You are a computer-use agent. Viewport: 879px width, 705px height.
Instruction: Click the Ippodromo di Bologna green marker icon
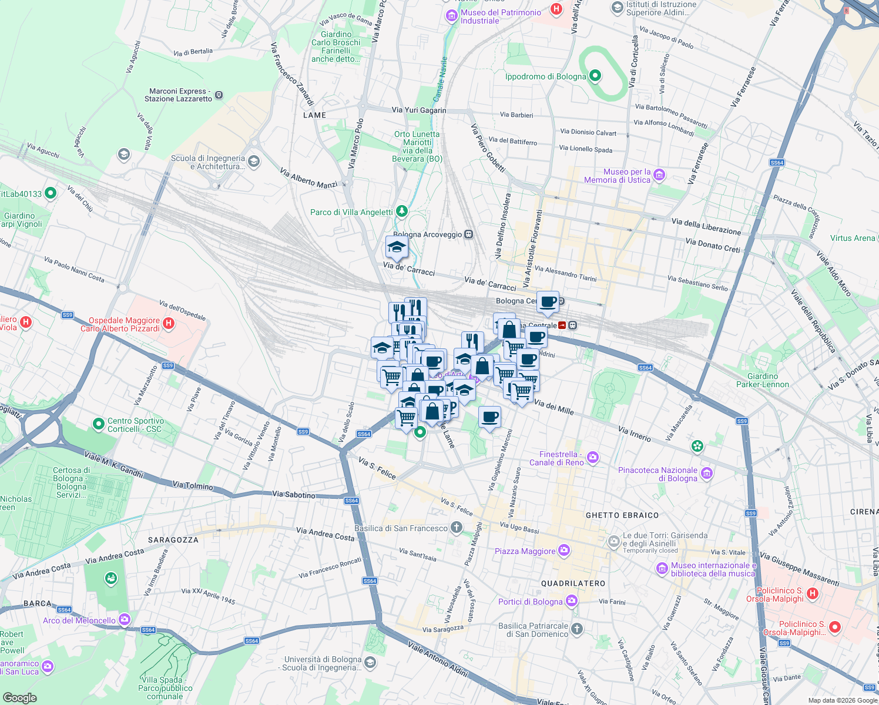595,76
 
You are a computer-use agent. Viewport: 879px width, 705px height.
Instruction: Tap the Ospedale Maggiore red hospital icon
169,323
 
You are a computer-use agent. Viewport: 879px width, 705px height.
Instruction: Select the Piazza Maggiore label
525,551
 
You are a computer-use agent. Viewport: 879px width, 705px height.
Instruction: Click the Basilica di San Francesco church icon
457,528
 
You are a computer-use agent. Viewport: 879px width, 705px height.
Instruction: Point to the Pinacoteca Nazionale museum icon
707,474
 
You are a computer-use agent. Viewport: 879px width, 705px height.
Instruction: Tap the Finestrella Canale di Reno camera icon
593,457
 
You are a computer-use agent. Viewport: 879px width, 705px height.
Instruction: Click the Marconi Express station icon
219,95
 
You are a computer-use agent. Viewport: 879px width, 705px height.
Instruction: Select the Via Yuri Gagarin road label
419,110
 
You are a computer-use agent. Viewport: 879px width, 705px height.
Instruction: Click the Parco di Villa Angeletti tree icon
401,211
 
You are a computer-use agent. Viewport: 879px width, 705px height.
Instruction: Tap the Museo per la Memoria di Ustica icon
659,175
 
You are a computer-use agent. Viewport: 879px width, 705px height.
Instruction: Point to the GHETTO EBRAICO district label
622,515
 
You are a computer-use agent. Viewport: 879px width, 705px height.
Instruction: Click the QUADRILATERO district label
573,583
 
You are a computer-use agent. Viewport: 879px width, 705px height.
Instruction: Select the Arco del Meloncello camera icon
125,619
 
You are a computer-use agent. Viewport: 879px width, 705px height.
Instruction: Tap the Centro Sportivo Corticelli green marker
98,424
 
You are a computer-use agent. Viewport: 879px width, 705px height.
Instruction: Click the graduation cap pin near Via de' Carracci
397,247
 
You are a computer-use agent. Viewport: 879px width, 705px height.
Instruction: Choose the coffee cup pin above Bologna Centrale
548,302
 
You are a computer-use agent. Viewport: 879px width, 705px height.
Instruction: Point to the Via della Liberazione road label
706,226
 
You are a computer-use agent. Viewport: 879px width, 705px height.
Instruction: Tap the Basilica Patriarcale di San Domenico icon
576,629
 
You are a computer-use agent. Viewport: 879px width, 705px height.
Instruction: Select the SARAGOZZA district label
173,540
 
